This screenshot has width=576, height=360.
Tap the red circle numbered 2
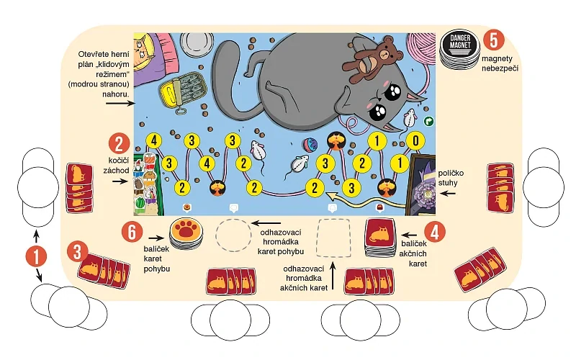click(x=119, y=143)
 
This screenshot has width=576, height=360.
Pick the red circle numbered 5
click(x=492, y=40)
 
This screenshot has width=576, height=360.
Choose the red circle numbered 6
click(x=130, y=232)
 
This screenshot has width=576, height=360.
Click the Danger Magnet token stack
click(x=459, y=49)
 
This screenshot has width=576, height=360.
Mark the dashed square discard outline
click(x=333, y=236)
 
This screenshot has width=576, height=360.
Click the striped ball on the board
click(x=307, y=143)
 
